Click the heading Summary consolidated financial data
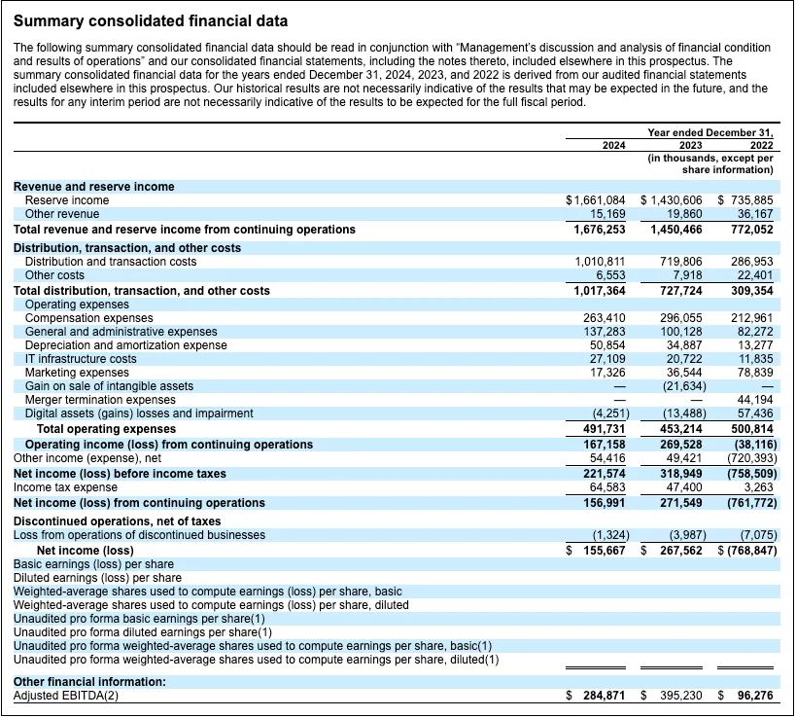[x=151, y=20]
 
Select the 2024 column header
[x=614, y=145]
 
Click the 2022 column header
[x=761, y=145]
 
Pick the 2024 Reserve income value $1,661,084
[x=596, y=200]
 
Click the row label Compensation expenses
[x=88, y=318]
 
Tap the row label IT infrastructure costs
[x=81, y=359]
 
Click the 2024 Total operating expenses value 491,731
[x=605, y=429]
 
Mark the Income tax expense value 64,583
[x=605, y=487]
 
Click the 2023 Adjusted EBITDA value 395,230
[x=681, y=697]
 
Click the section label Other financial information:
[x=89, y=682]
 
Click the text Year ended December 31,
[x=710, y=132]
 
